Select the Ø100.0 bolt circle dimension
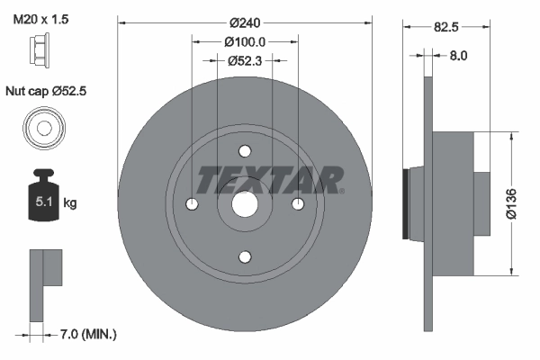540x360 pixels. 245,41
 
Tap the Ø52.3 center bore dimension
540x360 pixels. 245,61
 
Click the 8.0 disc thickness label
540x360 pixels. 458,56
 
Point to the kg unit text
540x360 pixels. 70,203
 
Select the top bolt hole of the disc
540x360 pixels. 245,151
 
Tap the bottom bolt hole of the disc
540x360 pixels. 245,256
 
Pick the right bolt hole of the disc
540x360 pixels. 297,204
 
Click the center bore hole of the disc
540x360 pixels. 245,204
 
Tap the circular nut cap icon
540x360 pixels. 42,126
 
